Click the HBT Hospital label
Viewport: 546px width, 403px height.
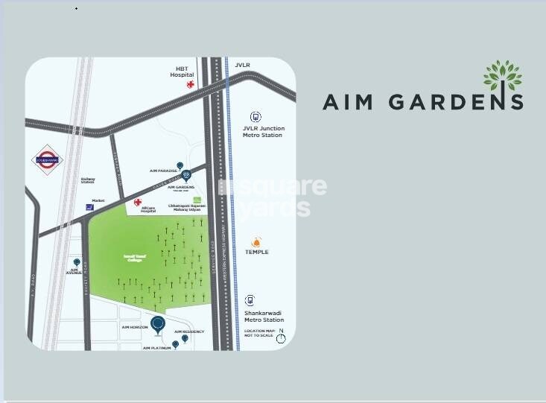tap(181, 72)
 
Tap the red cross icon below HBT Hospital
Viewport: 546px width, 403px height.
tap(191, 86)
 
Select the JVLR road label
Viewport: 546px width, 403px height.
tap(242, 65)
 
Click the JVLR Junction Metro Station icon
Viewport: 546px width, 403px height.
tap(256, 117)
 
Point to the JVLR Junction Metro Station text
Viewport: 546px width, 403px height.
tap(263, 132)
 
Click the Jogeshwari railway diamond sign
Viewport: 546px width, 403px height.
tap(48, 159)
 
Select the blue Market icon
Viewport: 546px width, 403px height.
tap(90, 207)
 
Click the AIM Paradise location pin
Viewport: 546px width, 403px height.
tap(179, 165)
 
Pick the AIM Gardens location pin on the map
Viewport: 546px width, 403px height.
tap(197, 176)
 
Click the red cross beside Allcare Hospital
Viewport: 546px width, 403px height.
tap(137, 202)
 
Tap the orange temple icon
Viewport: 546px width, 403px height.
tap(257, 241)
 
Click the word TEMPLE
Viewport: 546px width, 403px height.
tap(257, 253)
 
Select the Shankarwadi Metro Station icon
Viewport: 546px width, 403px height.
tap(250, 300)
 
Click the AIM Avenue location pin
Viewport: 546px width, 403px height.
tap(75, 263)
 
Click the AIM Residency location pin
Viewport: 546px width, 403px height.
tap(185, 338)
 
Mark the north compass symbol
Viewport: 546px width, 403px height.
tap(281, 338)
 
